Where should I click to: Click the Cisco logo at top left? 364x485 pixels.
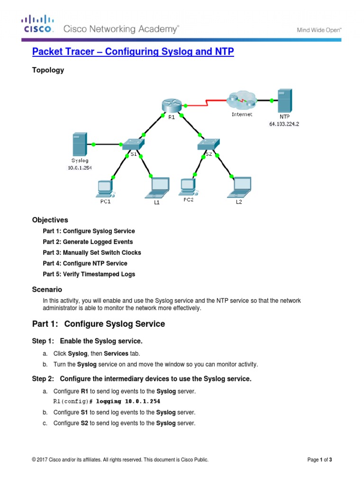(x=37, y=24)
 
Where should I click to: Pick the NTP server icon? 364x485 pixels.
(x=284, y=101)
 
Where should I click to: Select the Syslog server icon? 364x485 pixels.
(x=79, y=144)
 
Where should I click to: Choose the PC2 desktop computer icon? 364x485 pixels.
(x=188, y=187)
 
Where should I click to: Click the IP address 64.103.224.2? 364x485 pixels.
(x=284, y=124)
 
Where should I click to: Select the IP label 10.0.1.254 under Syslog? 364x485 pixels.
(x=79, y=168)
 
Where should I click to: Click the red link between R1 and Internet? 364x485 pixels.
(x=206, y=101)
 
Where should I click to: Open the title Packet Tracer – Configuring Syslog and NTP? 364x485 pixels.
(x=133, y=52)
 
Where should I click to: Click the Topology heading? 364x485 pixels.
(x=48, y=70)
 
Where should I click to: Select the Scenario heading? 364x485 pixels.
(x=47, y=289)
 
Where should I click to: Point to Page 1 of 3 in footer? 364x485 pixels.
(x=319, y=459)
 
